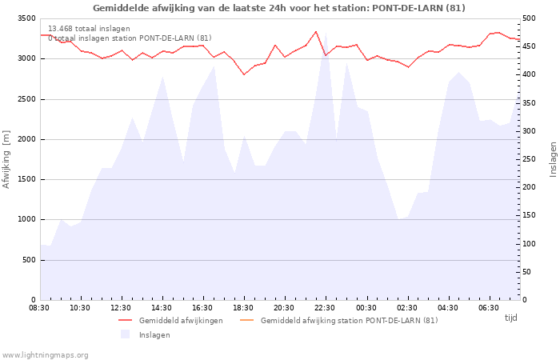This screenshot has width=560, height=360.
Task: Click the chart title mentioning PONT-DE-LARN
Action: click(279, 8)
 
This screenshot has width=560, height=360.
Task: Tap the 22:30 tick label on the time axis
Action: click(325, 308)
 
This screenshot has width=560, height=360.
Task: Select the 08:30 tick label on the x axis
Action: click(39, 308)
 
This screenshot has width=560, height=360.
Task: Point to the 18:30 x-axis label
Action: click(243, 308)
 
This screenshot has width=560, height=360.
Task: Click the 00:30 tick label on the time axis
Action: click(366, 308)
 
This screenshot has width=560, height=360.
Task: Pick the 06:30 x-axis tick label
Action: click(489, 308)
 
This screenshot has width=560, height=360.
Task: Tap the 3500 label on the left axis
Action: click(26, 18)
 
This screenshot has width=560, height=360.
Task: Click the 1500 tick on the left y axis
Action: click(26, 180)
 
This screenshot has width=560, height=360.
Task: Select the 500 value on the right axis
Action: click(529, 18)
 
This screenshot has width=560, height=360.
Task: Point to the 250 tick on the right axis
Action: click(529, 159)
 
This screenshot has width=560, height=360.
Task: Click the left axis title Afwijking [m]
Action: click(6, 159)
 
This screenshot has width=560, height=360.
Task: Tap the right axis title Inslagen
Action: click(553, 159)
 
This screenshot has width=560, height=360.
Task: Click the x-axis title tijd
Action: click(510, 318)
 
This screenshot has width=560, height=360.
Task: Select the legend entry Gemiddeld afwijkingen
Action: click(170, 321)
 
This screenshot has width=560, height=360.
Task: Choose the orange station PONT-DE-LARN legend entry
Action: click(339, 321)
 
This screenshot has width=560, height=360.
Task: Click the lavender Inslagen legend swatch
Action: click(125, 334)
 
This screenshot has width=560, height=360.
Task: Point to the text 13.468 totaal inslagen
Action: click(89, 29)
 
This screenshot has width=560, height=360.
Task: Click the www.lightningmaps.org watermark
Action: click(45, 355)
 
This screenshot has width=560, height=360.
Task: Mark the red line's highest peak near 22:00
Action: click(316, 31)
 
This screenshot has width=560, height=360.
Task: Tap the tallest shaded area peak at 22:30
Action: click(326, 34)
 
